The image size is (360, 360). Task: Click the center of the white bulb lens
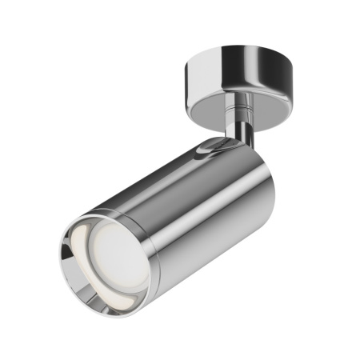(111, 257)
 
